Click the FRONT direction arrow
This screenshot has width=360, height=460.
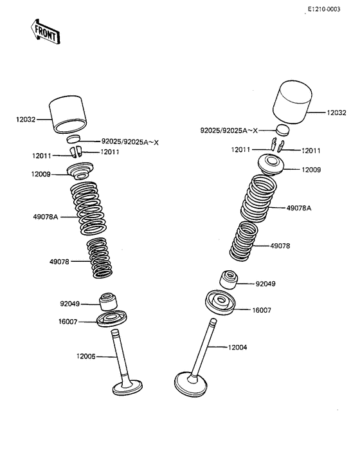tap(46, 32)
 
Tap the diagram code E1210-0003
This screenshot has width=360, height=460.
tap(324, 9)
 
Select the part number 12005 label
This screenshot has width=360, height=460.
tap(86, 356)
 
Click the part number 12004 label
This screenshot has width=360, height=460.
tap(237, 347)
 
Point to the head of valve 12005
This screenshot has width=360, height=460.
tap(127, 387)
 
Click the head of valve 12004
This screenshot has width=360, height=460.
tap(190, 384)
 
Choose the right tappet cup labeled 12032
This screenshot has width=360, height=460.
tap(292, 102)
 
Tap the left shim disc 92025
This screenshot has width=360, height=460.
tap(73, 139)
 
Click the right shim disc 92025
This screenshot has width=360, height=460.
tap(283, 130)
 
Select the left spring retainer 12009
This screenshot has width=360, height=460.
tap(80, 171)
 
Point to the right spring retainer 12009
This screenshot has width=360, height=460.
tap(271, 165)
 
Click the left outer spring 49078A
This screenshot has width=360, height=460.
tap(88, 208)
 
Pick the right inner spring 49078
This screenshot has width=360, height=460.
tap(244, 241)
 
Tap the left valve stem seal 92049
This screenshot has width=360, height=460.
tap(108, 302)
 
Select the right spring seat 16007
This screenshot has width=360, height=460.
tap(220, 302)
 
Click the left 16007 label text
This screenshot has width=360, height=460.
tap(67, 322)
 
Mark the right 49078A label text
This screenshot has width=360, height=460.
tap(299, 208)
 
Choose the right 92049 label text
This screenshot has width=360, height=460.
tap(265, 284)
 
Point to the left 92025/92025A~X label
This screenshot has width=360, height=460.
tap(130, 142)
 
